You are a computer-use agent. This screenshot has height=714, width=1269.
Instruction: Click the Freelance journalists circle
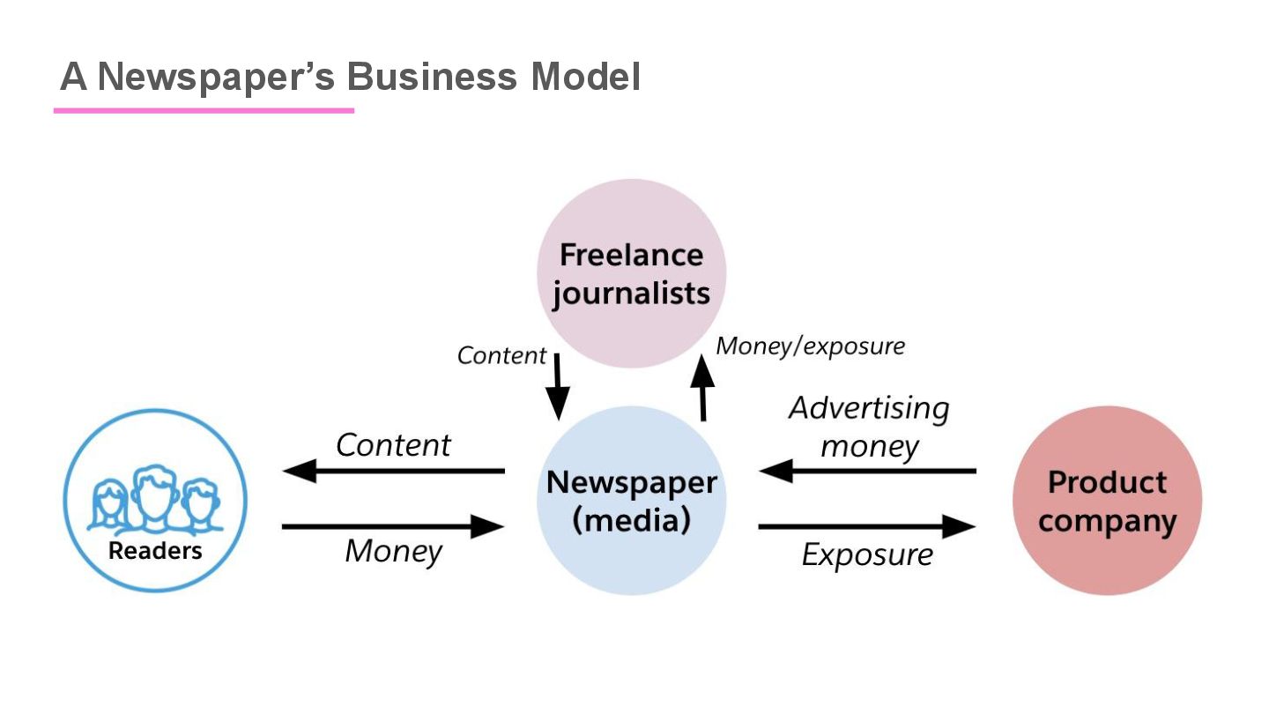tap(631, 273)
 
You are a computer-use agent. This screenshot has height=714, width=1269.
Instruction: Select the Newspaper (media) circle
tap(631, 501)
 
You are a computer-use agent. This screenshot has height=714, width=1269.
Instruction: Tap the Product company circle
tap(1107, 501)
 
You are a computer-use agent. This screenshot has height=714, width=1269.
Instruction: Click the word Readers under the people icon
tap(155, 551)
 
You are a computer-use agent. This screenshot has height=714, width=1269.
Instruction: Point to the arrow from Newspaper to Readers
tap(393, 472)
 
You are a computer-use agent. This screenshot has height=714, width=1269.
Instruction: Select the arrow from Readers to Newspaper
tap(393, 527)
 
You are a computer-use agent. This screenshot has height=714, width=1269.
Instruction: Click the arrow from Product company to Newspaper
tap(867, 472)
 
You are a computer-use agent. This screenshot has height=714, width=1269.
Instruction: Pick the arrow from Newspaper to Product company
tap(867, 527)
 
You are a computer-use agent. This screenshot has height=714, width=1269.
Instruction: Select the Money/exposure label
tap(810, 346)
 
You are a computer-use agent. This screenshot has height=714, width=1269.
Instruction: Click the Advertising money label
tap(869, 427)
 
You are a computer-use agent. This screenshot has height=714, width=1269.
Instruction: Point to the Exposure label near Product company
tap(867, 555)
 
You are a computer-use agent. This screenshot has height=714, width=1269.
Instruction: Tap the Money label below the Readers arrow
tap(393, 551)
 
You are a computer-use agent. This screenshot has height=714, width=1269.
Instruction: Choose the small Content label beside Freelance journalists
tap(501, 355)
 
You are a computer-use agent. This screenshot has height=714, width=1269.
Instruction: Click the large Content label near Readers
tap(393, 445)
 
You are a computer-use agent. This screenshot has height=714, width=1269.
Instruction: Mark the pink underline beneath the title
tap(204, 110)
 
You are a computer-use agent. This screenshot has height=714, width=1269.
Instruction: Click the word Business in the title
tap(431, 78)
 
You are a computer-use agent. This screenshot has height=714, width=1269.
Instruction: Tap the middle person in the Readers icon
tap(155, 494)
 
